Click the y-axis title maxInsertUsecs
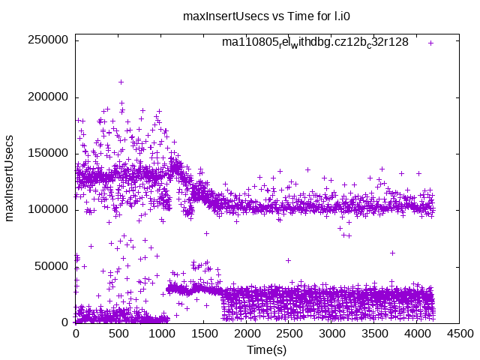click(x=10, y=178)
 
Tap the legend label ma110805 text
click(x=315, y=42)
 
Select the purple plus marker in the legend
click(x=430, y=43)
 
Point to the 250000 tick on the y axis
click(x=49, y=40)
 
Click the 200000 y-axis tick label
click(x=49, y=97)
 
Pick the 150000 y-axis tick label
click(x=49, y=153)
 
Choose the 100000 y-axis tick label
click(x=49, y=209)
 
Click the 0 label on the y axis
click(x=65, y=322)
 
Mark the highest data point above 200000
click(x=121, y=82)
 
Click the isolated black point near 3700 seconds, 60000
click(x=392, y=253)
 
